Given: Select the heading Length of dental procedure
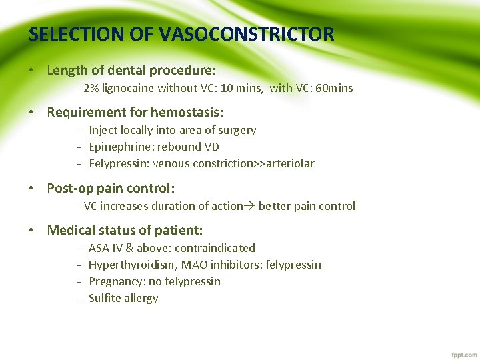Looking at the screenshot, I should point(131,70).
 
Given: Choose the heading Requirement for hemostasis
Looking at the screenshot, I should point(135,112).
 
